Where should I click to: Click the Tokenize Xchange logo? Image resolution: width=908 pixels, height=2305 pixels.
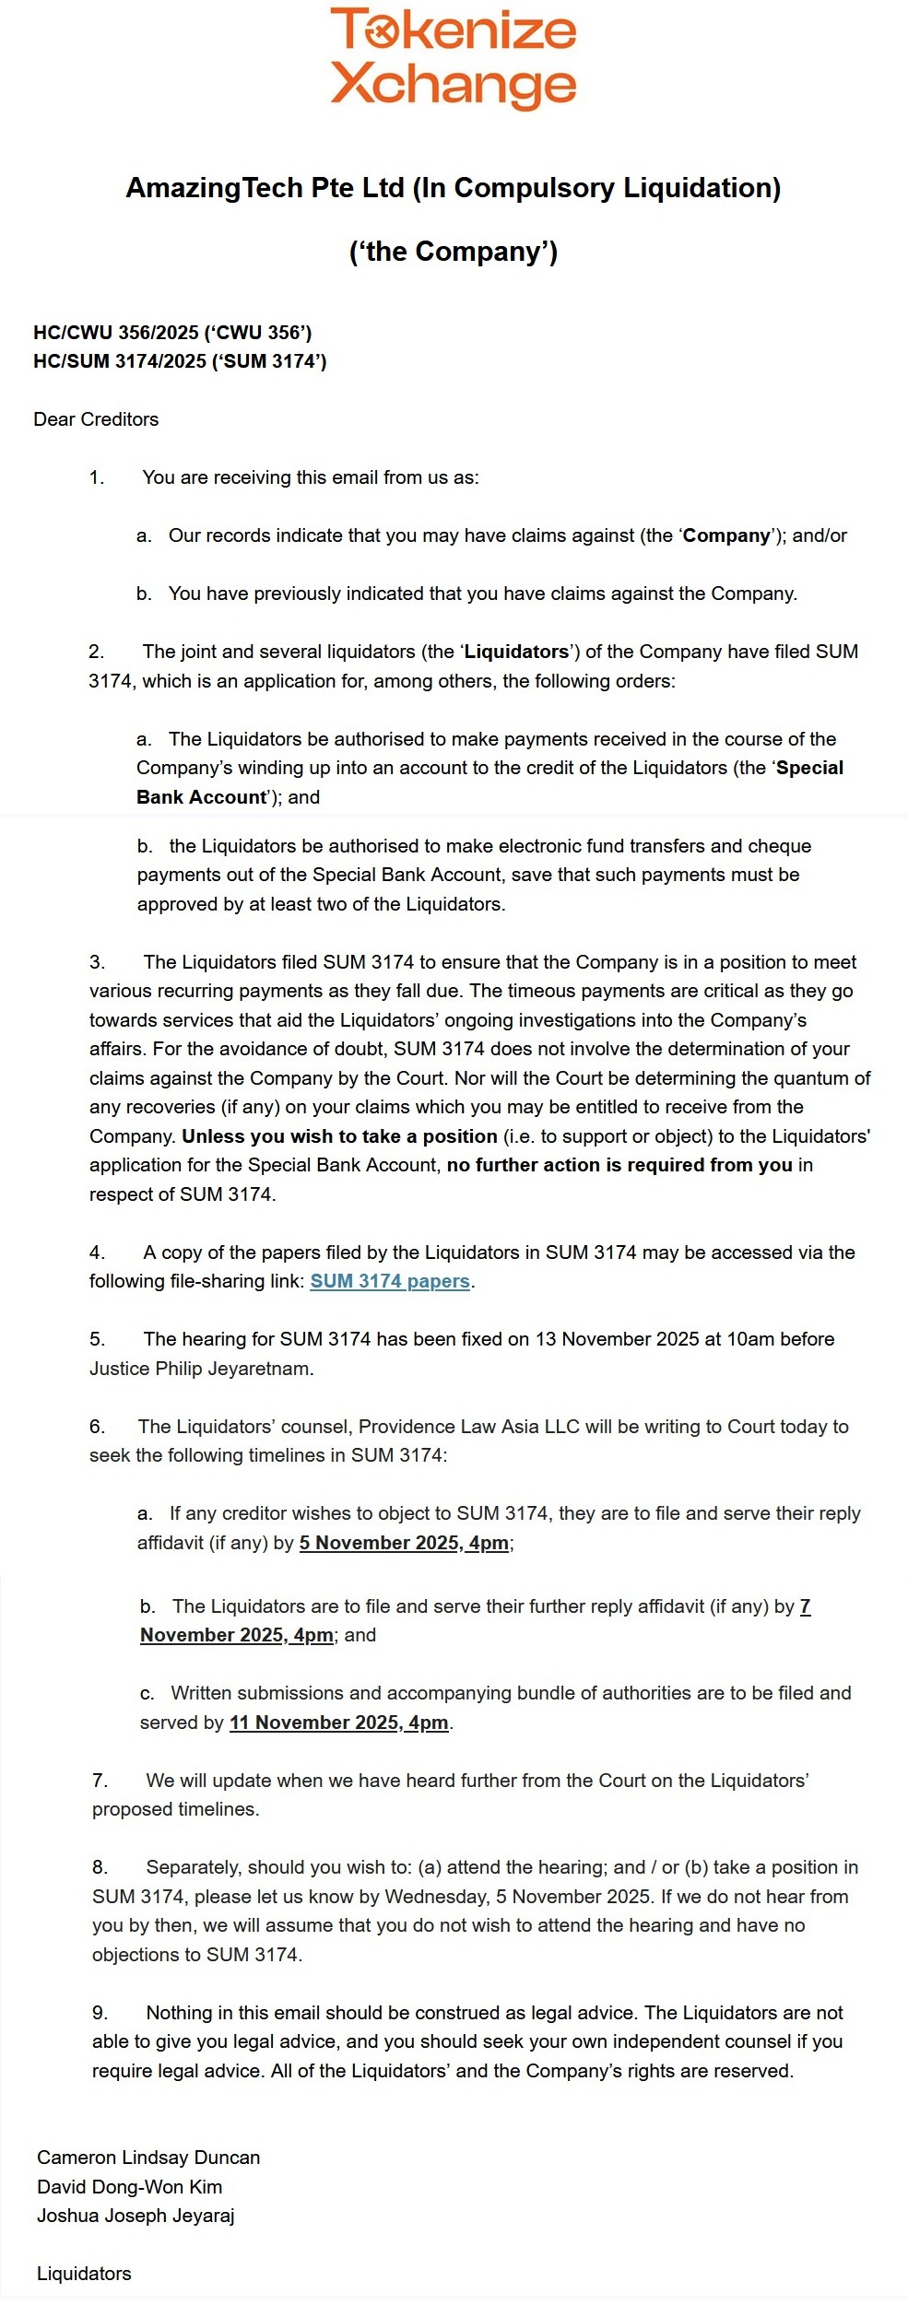(453, 57)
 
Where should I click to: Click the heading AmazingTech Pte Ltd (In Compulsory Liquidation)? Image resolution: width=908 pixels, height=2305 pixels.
(453, 188)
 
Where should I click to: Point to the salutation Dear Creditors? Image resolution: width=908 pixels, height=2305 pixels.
(96, 419)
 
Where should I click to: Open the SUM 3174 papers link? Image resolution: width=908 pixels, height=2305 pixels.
(390, 1281)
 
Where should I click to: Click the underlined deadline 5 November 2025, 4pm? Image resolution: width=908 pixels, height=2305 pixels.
(404, 1543)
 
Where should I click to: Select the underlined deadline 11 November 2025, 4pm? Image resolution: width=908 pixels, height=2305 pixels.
(338, 1723)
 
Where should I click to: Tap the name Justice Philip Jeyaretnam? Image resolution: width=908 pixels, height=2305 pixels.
(200, 1369)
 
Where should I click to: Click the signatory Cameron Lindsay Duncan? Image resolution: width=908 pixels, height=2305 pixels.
(148, 2158)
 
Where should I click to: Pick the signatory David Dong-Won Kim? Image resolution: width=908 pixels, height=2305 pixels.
(129, 2187)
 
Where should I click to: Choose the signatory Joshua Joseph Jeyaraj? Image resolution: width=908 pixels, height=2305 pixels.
(136, 2216)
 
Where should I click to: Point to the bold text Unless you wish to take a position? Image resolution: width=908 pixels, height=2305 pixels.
(339, 1136)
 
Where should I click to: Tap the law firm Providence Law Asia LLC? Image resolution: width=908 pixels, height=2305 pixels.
(468, 1427)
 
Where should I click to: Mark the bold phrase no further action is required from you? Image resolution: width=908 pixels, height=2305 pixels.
(619, 1165)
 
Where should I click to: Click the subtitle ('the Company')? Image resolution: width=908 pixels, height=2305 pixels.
(453, 252)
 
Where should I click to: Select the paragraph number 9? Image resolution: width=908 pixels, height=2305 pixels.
(100, 2013)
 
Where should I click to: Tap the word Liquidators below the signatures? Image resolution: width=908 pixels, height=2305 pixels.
(84, 2274)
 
